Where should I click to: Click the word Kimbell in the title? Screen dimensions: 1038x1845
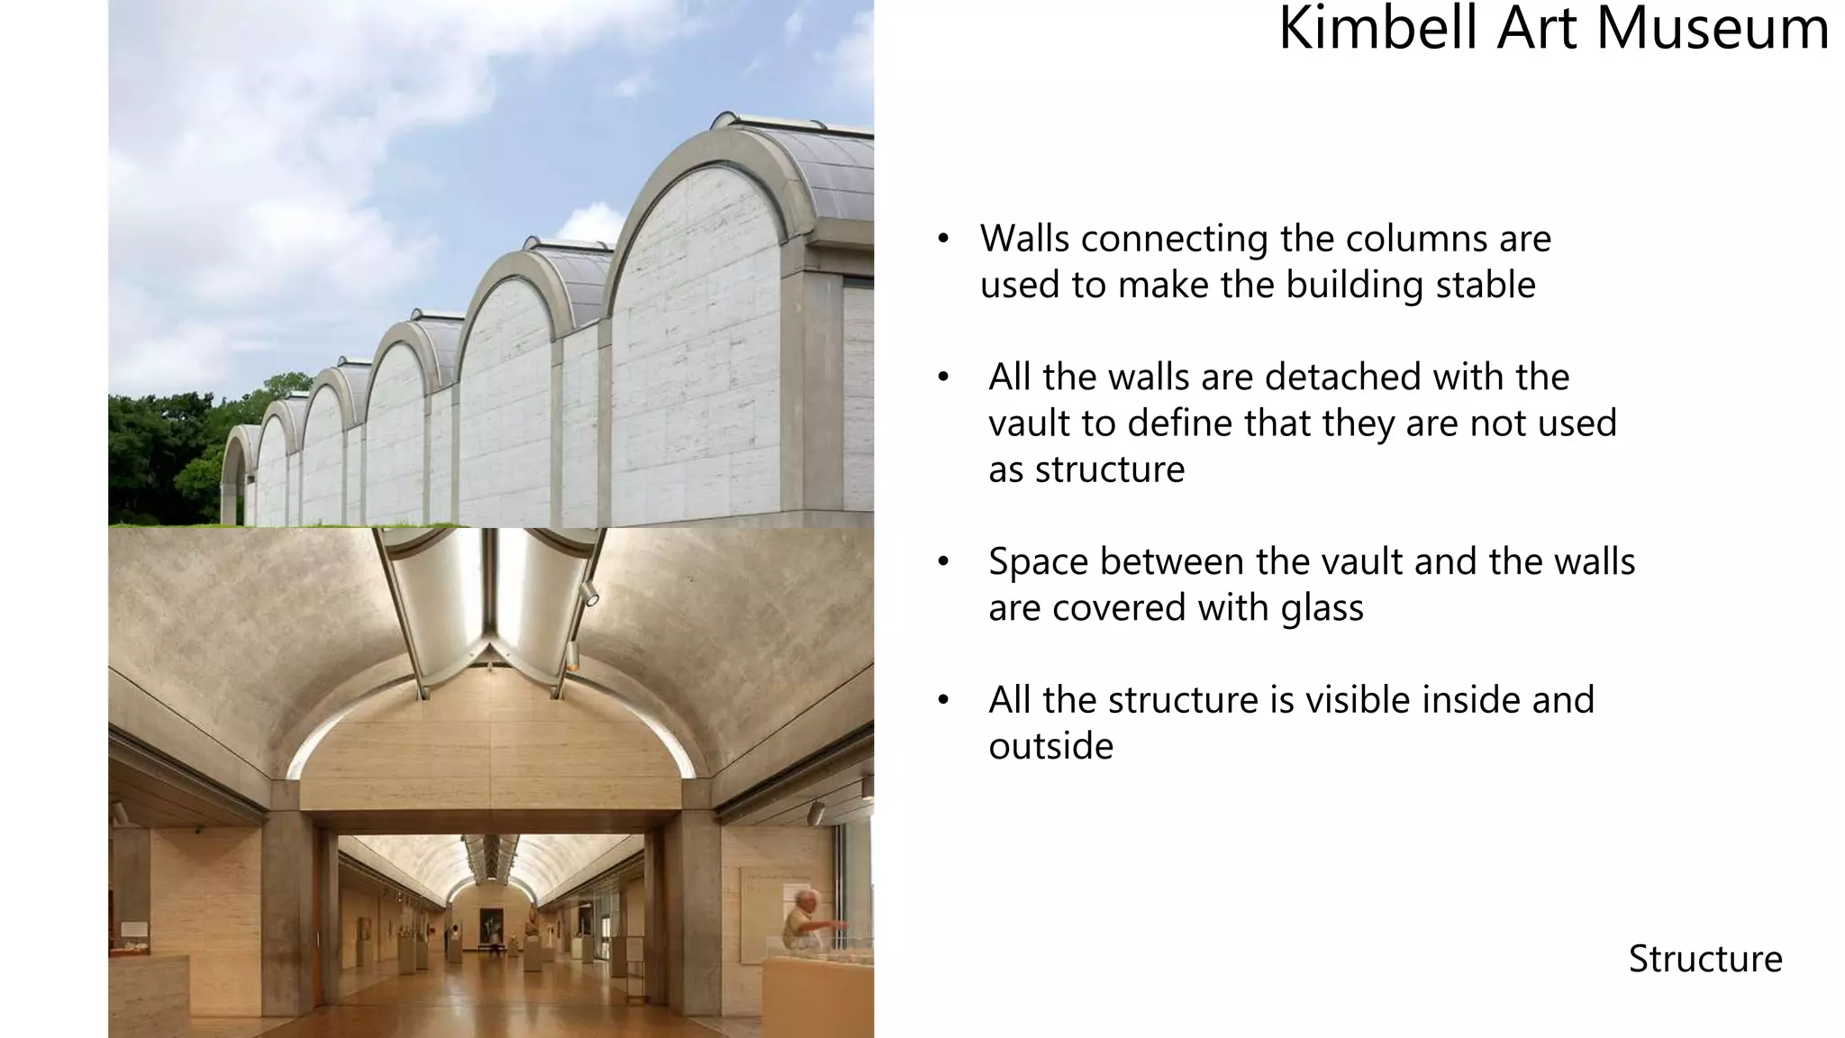pyautogui.click(x=1379, y=29)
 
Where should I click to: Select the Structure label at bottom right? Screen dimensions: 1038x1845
pyautogui.click(x=1704, y=959)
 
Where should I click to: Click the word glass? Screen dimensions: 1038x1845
pyautogui.click(x=1322, y=608)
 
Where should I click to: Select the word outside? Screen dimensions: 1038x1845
pyautogui.click(x=1050, y=746)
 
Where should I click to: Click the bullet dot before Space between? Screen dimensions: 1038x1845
pyautogui.click(x=943, y=562)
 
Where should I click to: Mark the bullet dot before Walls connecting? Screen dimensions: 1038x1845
pyautogui.click(x=943, y=240)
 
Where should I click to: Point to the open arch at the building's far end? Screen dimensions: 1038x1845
pyautogui.click(x=234, y=482)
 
